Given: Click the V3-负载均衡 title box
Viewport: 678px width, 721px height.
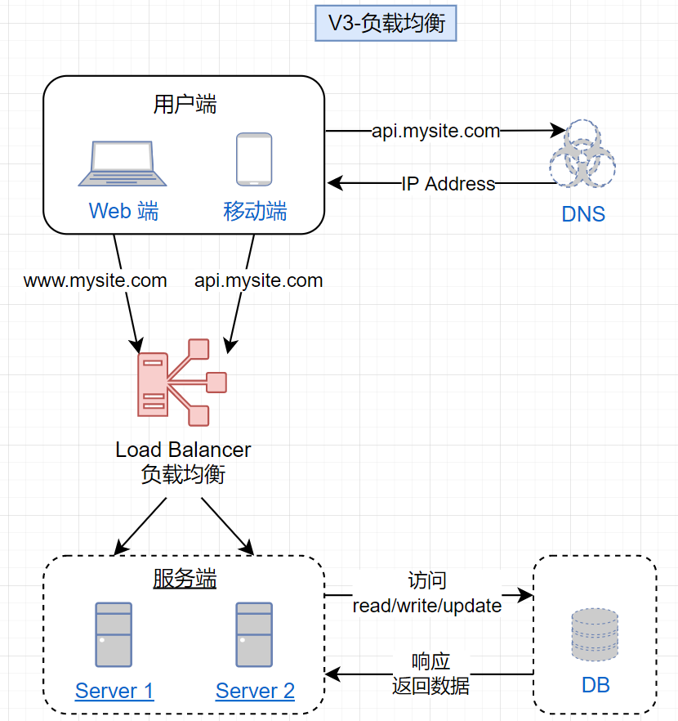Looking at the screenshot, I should [x=386, y=24].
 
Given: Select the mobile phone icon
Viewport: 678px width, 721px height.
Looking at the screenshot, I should [x=254, y=159].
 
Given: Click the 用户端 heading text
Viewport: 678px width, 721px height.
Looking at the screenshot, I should [x=185, y=105].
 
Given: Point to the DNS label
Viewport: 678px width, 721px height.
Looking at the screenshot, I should [x=583, y=214].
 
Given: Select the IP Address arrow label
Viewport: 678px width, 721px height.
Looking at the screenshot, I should [x=448, y=184].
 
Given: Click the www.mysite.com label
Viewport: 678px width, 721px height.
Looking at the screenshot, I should [x=96, y=281].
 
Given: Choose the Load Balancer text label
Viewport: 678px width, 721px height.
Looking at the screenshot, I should [x=183, y=450].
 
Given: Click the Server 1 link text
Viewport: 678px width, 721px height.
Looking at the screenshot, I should [x=114, y=691].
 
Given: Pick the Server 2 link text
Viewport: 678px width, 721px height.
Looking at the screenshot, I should [x=255, y=691].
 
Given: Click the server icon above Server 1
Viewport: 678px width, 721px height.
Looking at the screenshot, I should [x=114, y=635].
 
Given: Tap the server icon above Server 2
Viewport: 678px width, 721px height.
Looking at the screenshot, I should [x=254, y=635].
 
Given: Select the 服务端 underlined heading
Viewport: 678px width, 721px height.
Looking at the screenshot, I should [x=185, y=580].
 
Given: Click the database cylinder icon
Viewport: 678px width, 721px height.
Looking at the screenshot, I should [x=595, y=634].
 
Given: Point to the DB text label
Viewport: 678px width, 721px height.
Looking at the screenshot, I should [x=595, y=685].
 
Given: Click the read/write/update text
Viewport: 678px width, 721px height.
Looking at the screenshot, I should [x=427, y=606].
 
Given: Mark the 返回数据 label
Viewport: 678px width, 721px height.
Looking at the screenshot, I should [x=430, y=685].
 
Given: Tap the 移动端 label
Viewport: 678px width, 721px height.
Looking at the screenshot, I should [x=255, y=212].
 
